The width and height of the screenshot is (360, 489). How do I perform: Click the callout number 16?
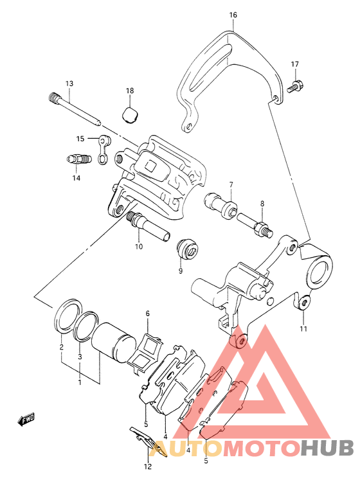click(x=233, y=15)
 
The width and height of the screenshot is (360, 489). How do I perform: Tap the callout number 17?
click(x=295, y=64)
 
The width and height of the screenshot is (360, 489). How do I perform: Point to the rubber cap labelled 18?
click(x=130, y=115)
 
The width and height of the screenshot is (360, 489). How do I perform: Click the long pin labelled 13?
click(x=75, y=109)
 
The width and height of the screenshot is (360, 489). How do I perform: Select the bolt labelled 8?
click(x=255, y=226)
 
